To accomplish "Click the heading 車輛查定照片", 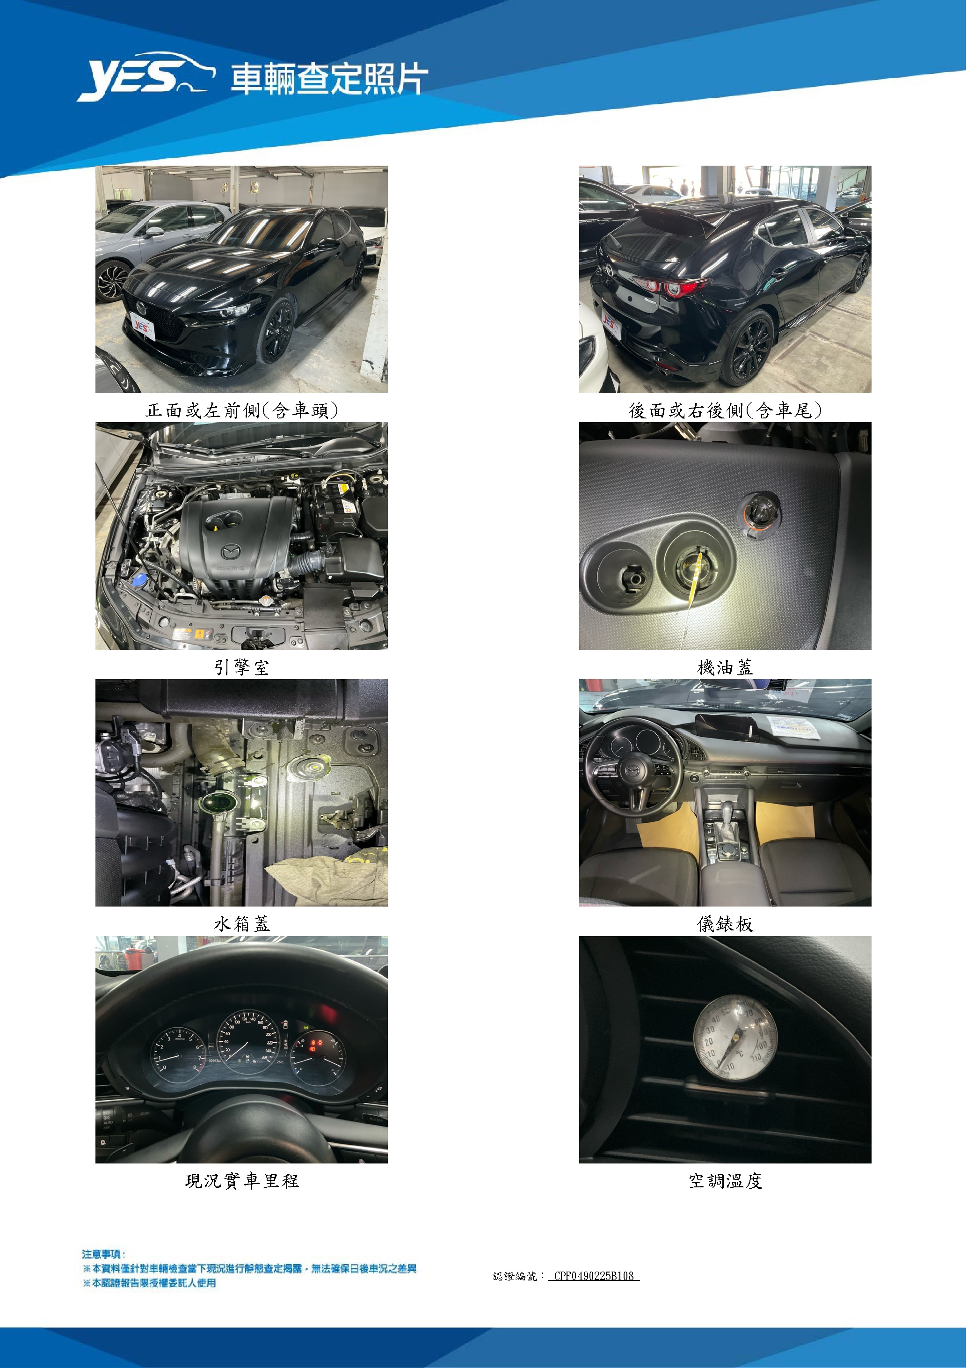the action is click(x=329, y=79).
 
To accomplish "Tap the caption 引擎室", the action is click(x=242, y=667).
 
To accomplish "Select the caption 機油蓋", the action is click(x=725, y=667).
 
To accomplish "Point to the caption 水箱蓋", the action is click(x=242, y=924).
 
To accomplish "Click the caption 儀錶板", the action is click(x=725, y=924).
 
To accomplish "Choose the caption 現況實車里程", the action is click(x=242, y=1181).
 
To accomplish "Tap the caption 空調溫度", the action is click(x=725, y=1181).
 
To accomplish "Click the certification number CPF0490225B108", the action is click(x=594, y=1276).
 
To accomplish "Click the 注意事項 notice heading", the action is click(x=103, y=1254).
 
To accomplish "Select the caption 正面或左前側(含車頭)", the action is click(x=242, y=410).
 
